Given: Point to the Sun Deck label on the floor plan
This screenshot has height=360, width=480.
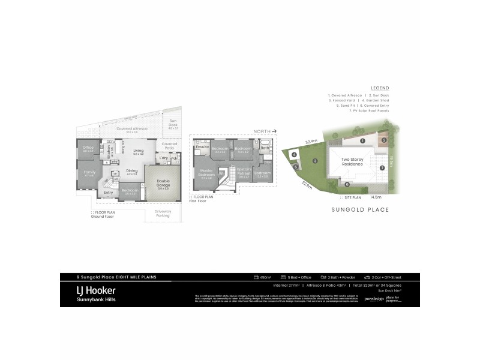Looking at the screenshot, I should [173, 124].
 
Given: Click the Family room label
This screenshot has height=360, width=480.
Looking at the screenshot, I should [89, 173].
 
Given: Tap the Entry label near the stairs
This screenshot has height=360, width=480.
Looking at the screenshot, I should [109, 192].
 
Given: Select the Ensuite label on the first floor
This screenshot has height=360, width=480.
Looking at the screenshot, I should [202, 146].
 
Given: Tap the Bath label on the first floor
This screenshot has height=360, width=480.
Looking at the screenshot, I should [265, 148].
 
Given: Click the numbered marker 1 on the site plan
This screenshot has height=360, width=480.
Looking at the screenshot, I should [362, 140].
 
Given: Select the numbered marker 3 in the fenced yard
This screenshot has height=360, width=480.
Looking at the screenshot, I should [314, 161].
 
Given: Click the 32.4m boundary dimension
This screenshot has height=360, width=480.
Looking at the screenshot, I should [311, 142].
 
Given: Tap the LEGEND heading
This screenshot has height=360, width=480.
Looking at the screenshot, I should [380, 88].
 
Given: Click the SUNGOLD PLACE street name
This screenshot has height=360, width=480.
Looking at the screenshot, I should [360, 210].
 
